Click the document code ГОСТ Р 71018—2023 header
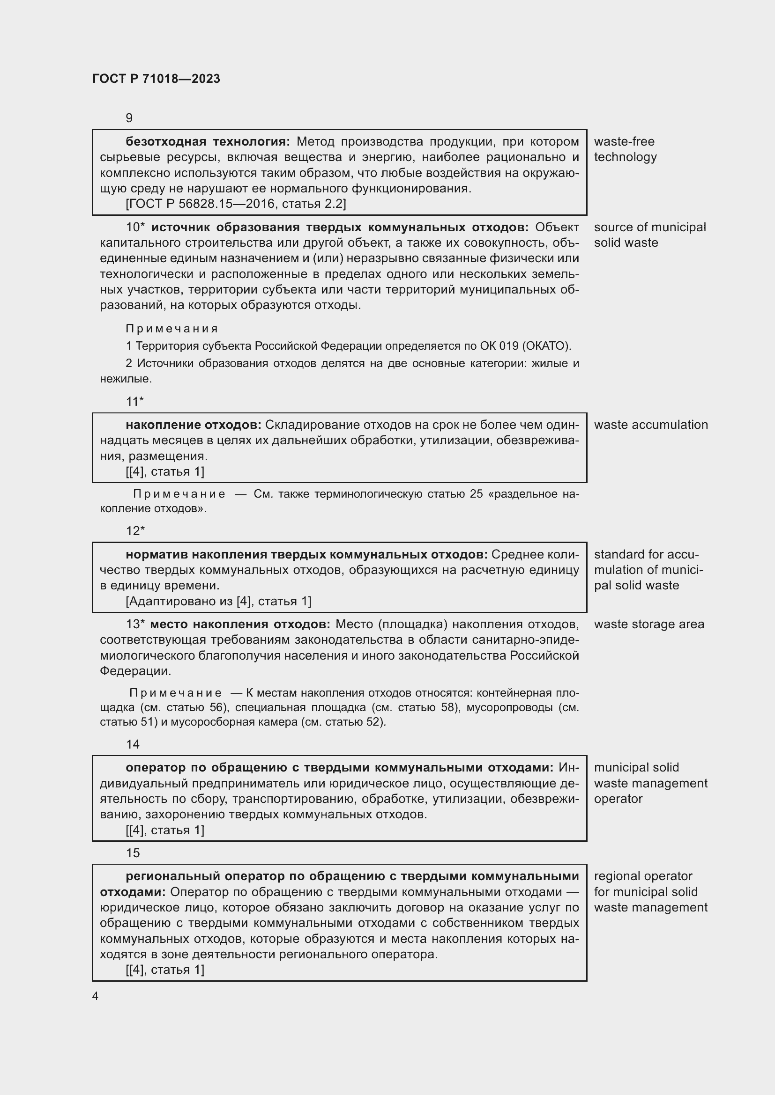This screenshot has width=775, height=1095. (156, 79)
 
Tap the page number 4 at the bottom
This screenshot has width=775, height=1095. (96, 996)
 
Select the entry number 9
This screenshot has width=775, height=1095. (129, 118)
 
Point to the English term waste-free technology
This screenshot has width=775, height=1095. (625, 149)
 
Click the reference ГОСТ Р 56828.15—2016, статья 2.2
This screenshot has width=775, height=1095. (236, 204)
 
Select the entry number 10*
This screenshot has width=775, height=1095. (135, 228)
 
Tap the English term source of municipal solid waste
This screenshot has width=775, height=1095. (649, 235)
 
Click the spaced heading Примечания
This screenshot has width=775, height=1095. (172, 329)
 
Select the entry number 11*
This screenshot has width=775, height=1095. (134, 402)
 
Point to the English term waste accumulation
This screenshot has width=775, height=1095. (651, 425)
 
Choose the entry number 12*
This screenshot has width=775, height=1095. (135, 531)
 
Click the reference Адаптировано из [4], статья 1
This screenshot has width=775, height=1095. (218, 602)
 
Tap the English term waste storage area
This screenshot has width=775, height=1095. (649, 625)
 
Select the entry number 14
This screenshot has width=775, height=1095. (133, 744)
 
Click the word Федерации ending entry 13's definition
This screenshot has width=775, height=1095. (134, 671)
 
